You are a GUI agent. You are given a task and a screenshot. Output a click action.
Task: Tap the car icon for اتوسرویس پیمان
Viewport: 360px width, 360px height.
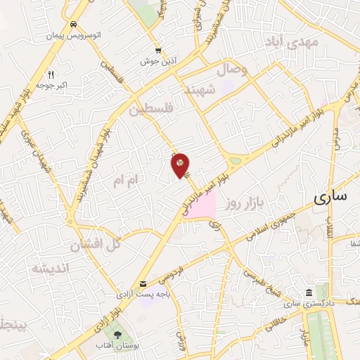(73, 23)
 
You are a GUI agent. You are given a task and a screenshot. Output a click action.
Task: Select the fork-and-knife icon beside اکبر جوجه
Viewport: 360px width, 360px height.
(51, 74)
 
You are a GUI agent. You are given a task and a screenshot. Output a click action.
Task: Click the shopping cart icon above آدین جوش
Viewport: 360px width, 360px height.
(159, 51)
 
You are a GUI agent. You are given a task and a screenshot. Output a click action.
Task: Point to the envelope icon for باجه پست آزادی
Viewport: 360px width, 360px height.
(143, 284)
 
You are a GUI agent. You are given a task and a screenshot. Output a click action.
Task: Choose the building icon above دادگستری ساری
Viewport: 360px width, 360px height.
(309, 292)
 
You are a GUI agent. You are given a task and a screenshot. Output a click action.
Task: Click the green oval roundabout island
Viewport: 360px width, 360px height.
(234, 161)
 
